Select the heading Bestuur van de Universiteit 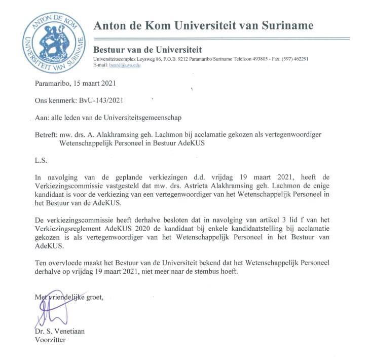[147, 50]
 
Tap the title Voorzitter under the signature [50, 340]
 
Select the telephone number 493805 [256, 59]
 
